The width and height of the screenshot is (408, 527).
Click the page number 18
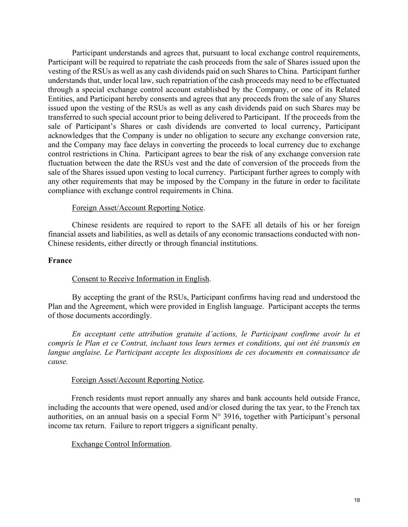pos(357,500)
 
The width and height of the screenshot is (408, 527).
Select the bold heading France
pos(60,261)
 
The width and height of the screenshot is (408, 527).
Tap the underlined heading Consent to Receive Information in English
pos(140,279)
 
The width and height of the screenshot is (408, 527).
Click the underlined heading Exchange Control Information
pos(121,444)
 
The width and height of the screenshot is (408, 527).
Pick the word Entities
pos(60,99)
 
